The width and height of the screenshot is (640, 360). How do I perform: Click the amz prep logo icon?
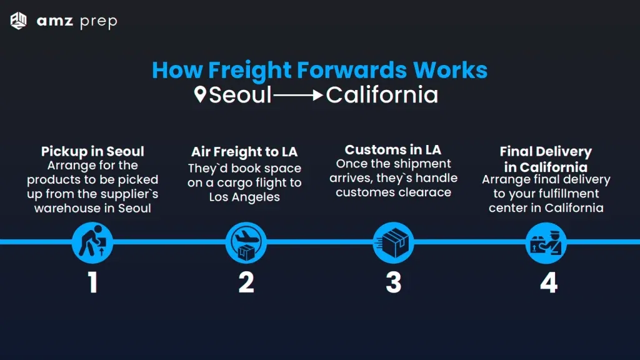(x=19, y=21)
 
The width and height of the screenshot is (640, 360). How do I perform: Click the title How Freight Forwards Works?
(x=319, y=69)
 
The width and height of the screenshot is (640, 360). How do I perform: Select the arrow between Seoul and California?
(x=299, y=96)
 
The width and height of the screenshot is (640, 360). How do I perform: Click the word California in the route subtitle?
(x=382, y=95)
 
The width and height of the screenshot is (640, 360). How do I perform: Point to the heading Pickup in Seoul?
(x=92, y=151)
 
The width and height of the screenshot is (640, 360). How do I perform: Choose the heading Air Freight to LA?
(x=244, y=152)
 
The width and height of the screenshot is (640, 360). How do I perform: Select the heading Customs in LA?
(x=393, y=150)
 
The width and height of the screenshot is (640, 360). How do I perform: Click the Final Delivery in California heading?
(x=546, y=159)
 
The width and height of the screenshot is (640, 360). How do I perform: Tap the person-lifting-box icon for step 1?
(x=92, y=242)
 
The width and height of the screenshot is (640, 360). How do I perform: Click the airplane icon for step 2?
(x=246, y=242)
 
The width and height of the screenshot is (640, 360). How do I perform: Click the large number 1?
(x=92, y=282)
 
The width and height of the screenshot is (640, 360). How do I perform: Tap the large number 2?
(x=246, y=282)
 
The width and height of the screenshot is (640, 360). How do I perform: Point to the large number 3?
(x=393, y=282)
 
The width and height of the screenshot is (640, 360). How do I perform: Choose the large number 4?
(x=547, y=282)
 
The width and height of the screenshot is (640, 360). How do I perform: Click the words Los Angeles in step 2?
(x=244, y=197)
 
